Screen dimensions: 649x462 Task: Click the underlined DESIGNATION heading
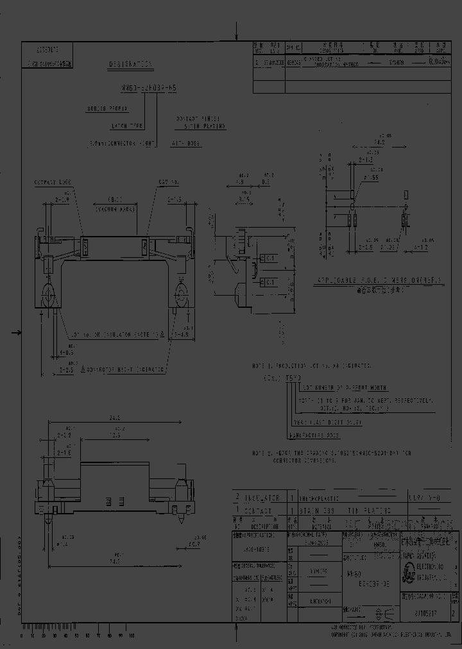click(131, 65)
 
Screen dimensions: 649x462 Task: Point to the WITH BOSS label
click(187, 144)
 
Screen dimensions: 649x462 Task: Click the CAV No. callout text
click(169, 183)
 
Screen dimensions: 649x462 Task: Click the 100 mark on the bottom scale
click(131, 636)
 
